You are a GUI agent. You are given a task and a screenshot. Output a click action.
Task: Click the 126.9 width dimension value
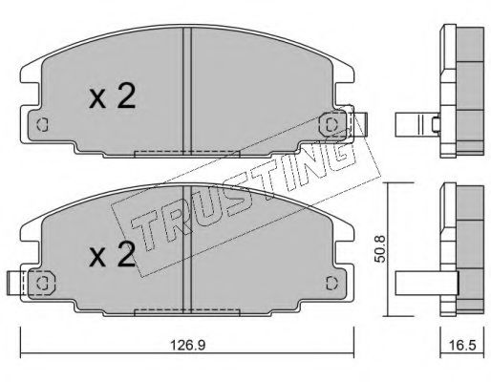[x=187, y=345]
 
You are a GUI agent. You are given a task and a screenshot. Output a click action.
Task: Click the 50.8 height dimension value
[x=380, y=249]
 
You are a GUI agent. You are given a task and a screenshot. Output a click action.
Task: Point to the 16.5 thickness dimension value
[x=462, y=345]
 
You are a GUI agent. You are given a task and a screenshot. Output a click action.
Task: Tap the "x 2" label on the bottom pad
[x=112, y=254]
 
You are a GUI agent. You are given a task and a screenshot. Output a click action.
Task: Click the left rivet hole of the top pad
[x=42, y=124]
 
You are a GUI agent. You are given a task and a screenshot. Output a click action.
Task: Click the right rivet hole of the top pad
[x=331, y=124]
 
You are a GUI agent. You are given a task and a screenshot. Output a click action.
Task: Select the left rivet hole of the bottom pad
[x=42, y=283]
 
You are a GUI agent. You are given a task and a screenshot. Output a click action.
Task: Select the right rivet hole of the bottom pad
[x=331, y=283]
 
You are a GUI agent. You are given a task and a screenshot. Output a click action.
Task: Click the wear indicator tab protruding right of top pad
[x=360, y=124]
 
